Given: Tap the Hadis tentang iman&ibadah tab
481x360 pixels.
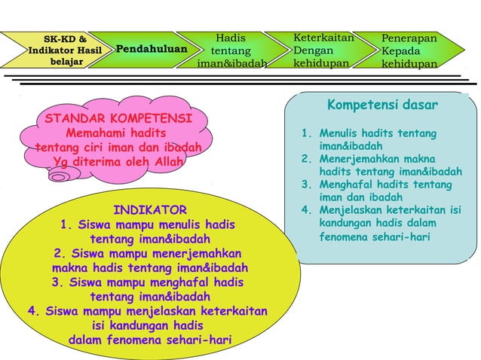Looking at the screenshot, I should click(x=231, y=50).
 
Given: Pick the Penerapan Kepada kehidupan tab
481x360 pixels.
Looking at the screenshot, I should click(x=409, y=50).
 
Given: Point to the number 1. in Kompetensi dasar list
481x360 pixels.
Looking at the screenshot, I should click(x=305, y=133).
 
